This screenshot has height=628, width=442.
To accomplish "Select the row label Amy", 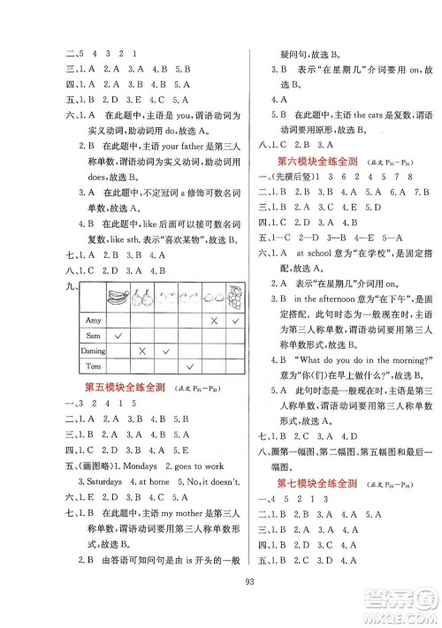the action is click(x=88, y=319).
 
